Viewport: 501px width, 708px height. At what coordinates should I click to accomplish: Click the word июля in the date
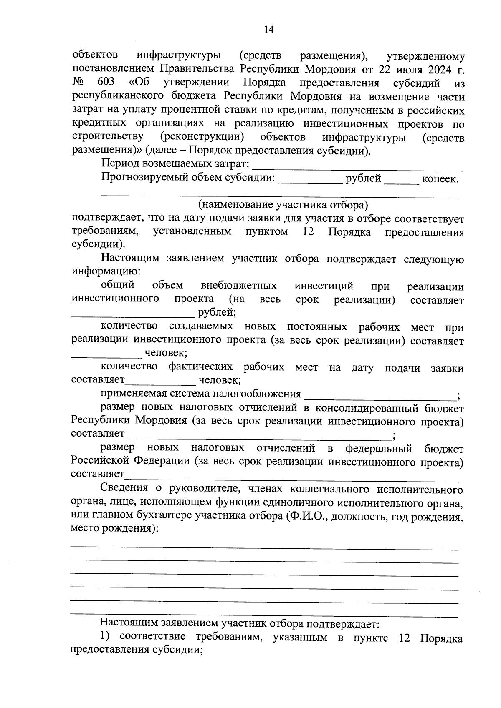point(401,69)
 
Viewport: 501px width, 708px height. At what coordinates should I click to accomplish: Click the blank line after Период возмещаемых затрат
point(358,168)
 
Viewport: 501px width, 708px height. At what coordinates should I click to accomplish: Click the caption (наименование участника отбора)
point(283,205)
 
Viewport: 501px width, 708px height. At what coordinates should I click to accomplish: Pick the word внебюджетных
point(239,286)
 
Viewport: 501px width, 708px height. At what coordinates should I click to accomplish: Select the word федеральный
point(379,449)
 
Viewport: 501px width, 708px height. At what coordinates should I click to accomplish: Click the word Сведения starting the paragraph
point(124,488)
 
